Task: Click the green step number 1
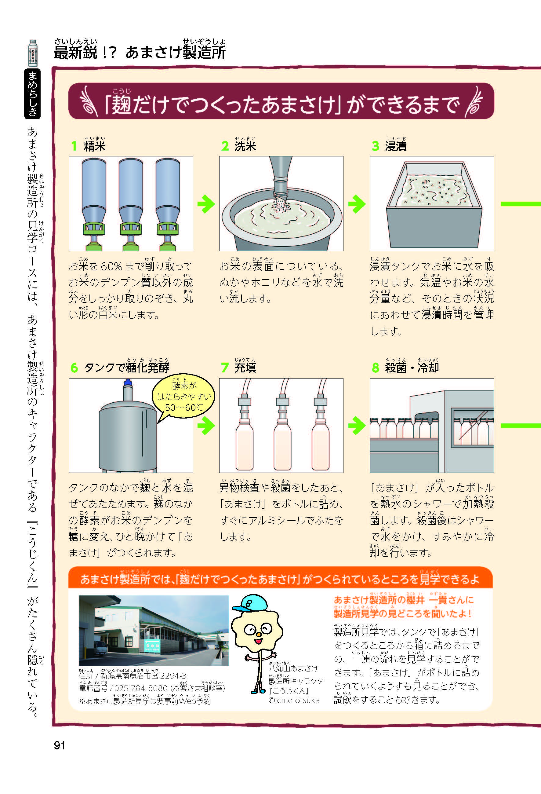pos(74,146)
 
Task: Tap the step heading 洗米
pos(245,146)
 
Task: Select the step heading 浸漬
pos(396,146)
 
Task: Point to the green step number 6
pos(74,368)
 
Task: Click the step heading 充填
pos(245,368)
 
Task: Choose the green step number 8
pos(376,368)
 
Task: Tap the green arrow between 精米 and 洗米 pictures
pos(206,204)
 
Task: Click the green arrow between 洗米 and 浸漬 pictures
pos(357,204)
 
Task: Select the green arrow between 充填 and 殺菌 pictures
pos(357,426)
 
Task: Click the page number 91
pos(60,745)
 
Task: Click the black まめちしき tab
pos(32,93)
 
